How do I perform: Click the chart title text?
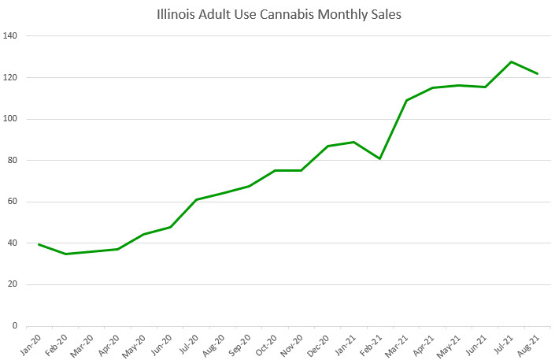click(x=278, y=14)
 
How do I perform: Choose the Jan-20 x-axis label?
click(x=30, y=343)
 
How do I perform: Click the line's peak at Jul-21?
click(x=512, y=61)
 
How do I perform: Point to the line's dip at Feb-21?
click(x=380, y=159)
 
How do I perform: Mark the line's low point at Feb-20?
click(x=65, y=254)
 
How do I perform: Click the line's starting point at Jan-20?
click(x=39, y=244)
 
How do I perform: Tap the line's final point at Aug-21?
click(x=538, y=74)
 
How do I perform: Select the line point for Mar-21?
click(x=406, y=100)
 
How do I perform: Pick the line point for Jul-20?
click(x=197, y=199)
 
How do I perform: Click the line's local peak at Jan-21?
click(x=354, y=142)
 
